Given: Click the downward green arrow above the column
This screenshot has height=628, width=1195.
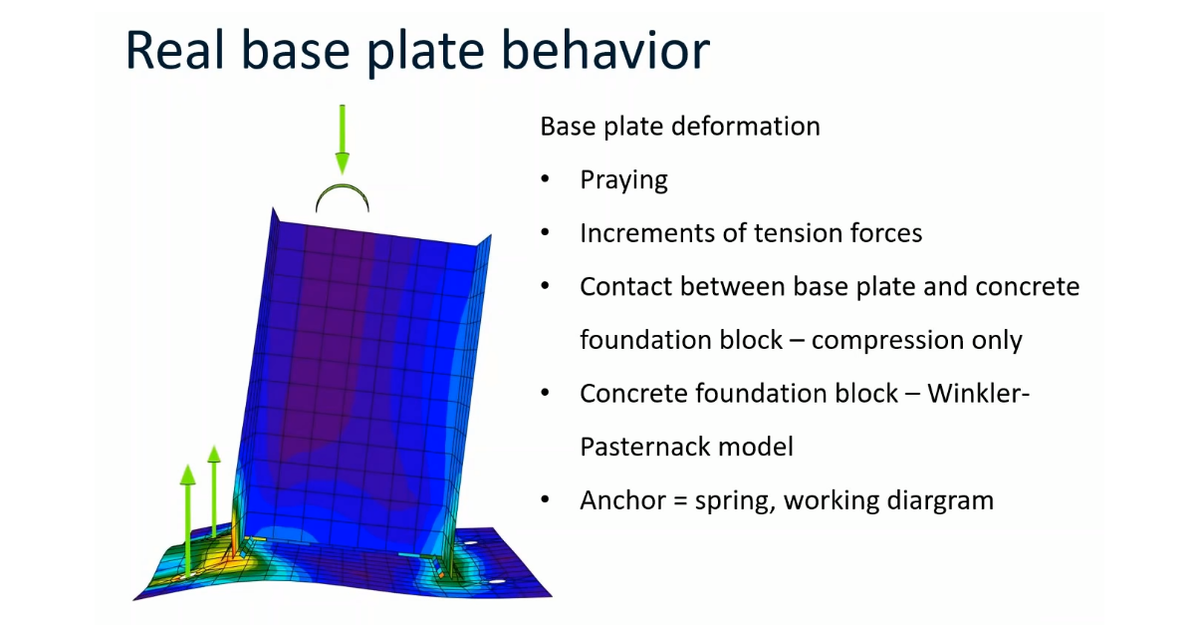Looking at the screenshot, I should [x=343, y=140].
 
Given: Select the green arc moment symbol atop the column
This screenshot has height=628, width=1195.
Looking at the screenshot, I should [x=343, y=195].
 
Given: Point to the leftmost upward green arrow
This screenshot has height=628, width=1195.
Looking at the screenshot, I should [x=187, y=508].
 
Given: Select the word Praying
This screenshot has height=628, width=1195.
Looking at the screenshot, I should [x=623, y=180].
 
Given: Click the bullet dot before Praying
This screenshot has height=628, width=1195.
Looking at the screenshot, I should [x=545, y=180].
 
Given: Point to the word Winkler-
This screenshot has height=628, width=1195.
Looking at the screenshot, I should [x=978, y=394].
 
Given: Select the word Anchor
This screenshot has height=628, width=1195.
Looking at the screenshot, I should [x=619, y=500].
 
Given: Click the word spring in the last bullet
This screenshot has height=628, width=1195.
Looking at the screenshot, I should [x=728, y=501].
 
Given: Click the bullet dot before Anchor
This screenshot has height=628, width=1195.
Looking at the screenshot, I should [x=545, y=500].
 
